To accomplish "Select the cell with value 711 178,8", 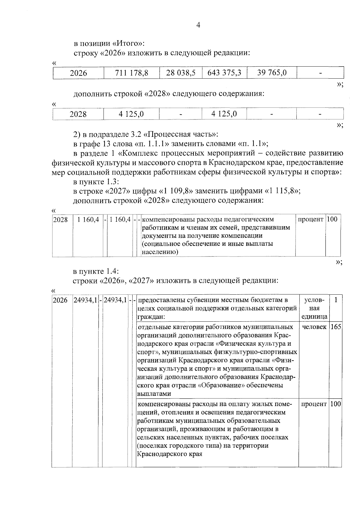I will [132, 73].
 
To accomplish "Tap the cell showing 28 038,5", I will [181, 73].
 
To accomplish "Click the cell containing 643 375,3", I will [224, 73].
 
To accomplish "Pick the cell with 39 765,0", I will [272, 73].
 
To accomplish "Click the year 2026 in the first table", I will [78, 73].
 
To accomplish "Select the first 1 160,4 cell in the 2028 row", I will [88, 220].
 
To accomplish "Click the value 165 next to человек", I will [336, 327].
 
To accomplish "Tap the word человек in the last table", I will [314, 327].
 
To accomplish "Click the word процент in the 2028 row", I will [310, 219].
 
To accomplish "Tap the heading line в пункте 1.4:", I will [96, 272].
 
